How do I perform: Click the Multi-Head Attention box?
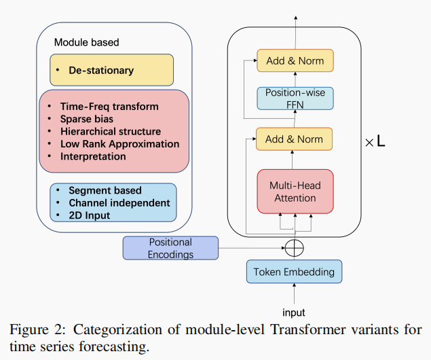coord(295,192)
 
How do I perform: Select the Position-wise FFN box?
coord(295,97)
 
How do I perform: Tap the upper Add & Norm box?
coord(295,60)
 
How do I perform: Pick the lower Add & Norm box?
coord(295,139)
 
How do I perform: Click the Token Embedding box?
coord(294,272)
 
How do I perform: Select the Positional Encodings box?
coord(170,248)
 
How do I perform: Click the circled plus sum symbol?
coord(294,248)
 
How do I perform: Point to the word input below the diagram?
coord(294,312)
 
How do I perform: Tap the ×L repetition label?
coord(375,143)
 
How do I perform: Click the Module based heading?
coord(86,42)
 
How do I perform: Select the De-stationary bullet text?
coord(100,70)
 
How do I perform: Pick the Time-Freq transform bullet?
coord(109,107)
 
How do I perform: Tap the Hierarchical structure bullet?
coord(110,131)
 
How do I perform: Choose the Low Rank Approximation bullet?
coord(119,144)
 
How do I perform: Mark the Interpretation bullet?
coord(93,156)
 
